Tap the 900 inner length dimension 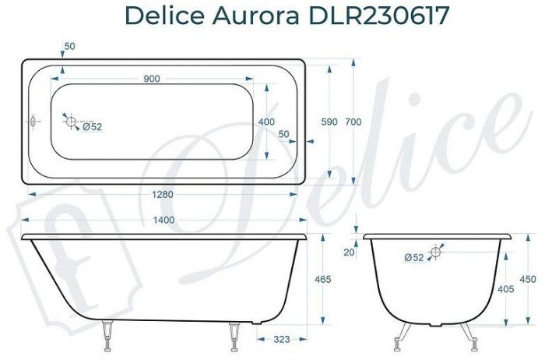(x=152, y=79)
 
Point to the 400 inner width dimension (x=266, y=122)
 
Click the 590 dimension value (x=330, y=122)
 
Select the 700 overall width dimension (x=353, y=122)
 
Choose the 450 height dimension (x=527, y=279)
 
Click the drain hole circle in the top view (x=70, y=122)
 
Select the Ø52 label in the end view (x=414, y=257)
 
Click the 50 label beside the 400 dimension (x=283, y=134)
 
